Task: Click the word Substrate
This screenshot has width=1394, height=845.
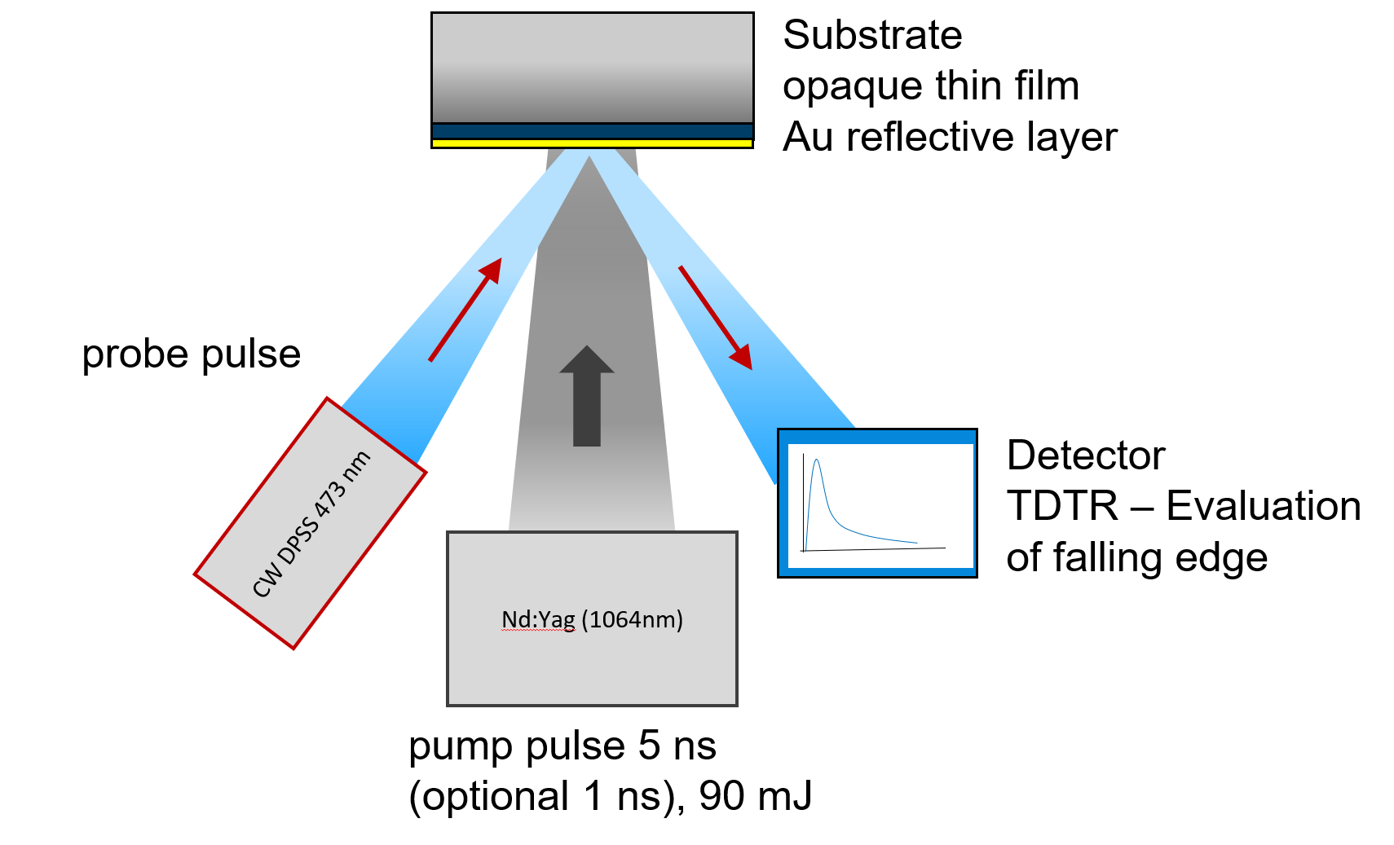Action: tap(871, 36)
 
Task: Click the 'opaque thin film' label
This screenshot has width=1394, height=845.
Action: tap(930, 86)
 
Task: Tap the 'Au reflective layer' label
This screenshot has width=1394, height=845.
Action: tap(949, 137)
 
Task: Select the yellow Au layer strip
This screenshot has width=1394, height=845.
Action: tap(592, 143)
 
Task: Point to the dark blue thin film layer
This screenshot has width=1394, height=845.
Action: tap(592, 131)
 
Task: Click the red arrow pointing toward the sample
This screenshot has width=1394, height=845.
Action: tap(465, 310)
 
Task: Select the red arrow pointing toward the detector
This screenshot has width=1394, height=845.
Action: tap(715, 317)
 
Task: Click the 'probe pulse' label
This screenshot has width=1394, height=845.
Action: tap(192, 354)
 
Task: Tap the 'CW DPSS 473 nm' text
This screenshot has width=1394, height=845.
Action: tap(311, 524)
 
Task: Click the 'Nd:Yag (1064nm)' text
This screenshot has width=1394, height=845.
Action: tap(592, 620)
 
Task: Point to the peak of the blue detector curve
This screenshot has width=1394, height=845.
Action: tap(817, 461)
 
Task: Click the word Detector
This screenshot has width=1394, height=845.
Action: tap(1085, 456)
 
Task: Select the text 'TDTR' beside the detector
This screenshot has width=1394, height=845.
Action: tap(1062, 506)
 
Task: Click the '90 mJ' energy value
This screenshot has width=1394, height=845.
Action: tap(755, 796)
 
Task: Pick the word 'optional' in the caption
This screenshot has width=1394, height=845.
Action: tap(496, 796)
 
